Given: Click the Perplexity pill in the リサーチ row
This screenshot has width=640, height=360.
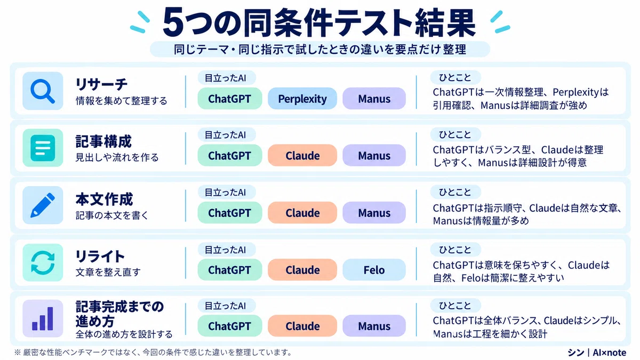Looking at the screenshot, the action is click(302, 99).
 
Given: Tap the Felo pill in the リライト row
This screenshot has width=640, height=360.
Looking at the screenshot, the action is click(374, 270).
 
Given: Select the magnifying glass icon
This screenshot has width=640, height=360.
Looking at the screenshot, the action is click(43, 91).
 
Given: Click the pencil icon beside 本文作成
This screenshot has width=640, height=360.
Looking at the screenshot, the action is click(43, 205).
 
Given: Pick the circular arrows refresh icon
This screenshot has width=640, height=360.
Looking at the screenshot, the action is click(43, 262).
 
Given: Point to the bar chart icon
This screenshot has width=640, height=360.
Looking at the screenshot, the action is click(43, 318).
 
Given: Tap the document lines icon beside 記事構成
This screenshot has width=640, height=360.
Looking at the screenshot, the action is click(43, 148).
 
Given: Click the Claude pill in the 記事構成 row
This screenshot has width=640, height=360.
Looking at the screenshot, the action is click(302, 155).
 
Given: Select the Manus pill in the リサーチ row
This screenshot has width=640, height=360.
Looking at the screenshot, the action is click(374, 99).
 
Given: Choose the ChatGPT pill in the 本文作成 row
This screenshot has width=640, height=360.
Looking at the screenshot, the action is click(230, 213).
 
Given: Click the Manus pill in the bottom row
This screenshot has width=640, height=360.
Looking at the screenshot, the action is click(374, 326).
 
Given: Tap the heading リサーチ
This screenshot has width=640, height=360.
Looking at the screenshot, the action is click(101, 84).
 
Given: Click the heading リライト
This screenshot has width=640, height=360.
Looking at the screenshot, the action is click(100, 257).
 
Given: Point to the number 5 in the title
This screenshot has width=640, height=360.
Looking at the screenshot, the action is click(173, 22).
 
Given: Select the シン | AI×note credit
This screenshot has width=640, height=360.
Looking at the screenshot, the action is click(597, 353).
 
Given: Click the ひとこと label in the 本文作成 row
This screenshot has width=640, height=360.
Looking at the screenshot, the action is click(455, 191).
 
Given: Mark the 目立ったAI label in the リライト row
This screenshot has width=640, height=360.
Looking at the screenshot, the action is click(226, 250).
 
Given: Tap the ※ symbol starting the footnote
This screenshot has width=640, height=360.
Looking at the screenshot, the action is click(18, 353).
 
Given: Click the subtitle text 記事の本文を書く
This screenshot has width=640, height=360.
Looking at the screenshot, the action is click(111, 215).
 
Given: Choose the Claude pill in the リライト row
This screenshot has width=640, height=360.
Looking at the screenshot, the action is click(302, 270).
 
